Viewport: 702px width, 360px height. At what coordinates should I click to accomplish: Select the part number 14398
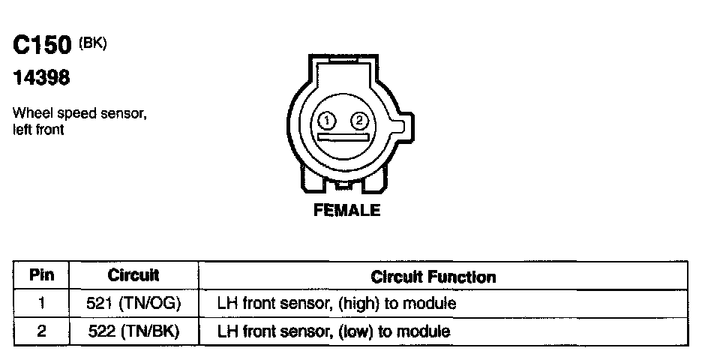43,77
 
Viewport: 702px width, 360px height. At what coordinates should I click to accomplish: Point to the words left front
38,129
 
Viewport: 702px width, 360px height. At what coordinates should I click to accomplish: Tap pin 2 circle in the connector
359,120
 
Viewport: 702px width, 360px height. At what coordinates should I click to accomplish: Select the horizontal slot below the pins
343,137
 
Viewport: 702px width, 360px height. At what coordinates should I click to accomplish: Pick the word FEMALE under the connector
346,210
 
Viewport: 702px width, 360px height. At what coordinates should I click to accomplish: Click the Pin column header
42,275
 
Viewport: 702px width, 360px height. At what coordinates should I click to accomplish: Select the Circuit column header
133,275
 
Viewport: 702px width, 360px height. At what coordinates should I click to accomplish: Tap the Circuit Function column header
433,277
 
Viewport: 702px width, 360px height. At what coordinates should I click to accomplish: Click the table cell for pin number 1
42,304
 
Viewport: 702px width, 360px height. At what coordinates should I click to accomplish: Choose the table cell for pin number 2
42,330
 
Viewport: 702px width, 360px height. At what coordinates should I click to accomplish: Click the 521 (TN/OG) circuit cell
133,304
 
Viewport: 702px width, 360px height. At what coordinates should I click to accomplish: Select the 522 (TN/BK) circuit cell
133,330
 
